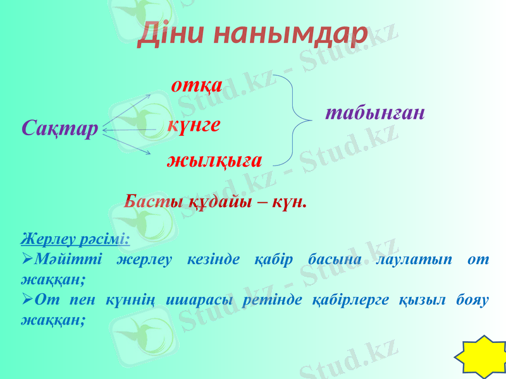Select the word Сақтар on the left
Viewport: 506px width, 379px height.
(x=59, y=129)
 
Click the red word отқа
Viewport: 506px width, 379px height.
(x=197, y=85)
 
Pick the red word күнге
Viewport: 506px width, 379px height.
(x=194, y=124)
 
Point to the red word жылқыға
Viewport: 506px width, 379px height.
(x=214, y=160)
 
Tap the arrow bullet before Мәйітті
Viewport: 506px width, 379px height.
(x=27, y=260)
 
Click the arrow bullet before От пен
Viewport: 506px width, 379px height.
(x=27, y=300)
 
